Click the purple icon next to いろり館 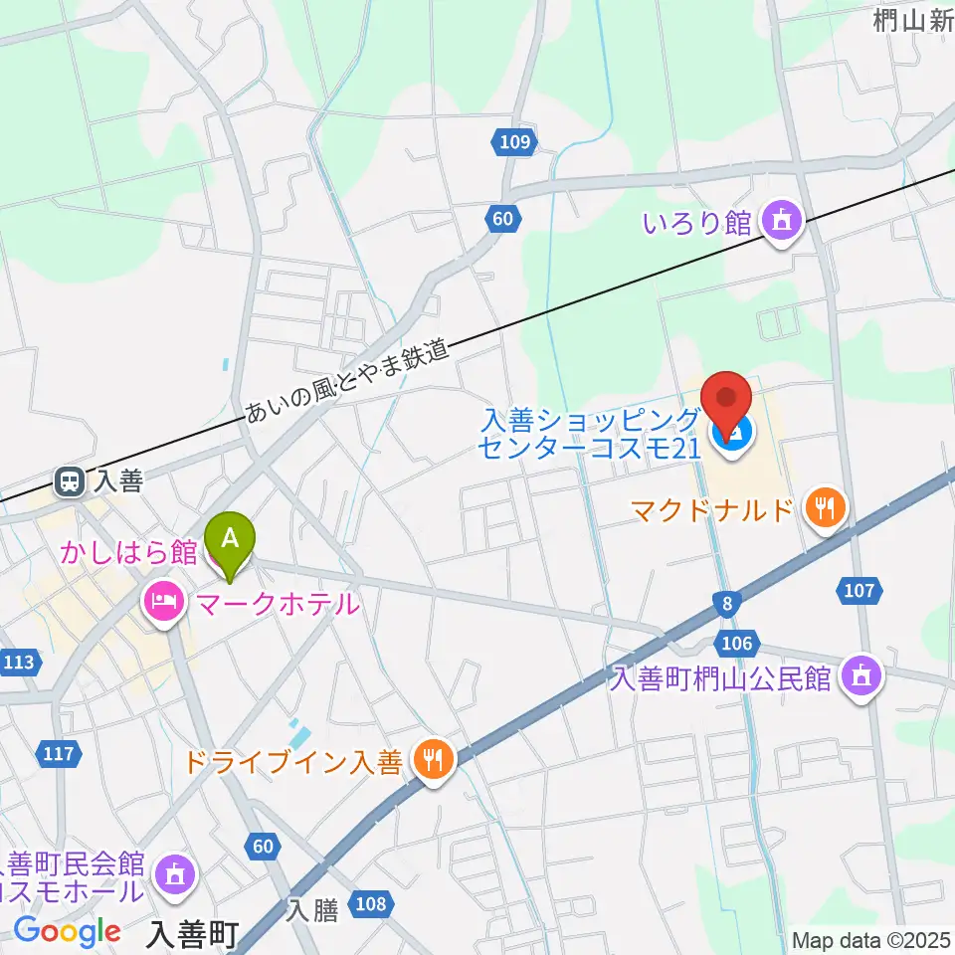click(x=782, y=222)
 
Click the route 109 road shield click(x=515, y=141)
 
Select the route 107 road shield click(x=859, y=592)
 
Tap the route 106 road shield click(x=737, y=643)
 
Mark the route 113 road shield click(x=22, y=662)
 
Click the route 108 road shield click(x=370, y=904)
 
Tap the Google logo click(x=67, y=931)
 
